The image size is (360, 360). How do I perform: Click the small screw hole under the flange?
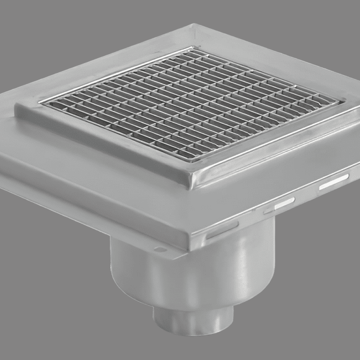coord(160,250)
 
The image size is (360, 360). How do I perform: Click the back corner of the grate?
coord(191,48)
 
